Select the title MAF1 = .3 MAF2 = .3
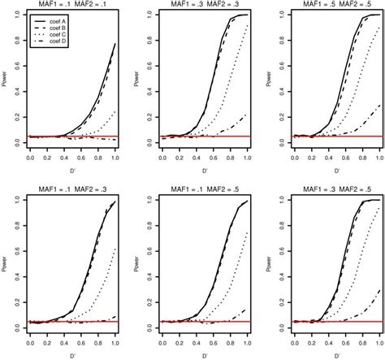[x=205, y=7]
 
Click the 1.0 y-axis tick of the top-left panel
[x=18, y=21]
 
